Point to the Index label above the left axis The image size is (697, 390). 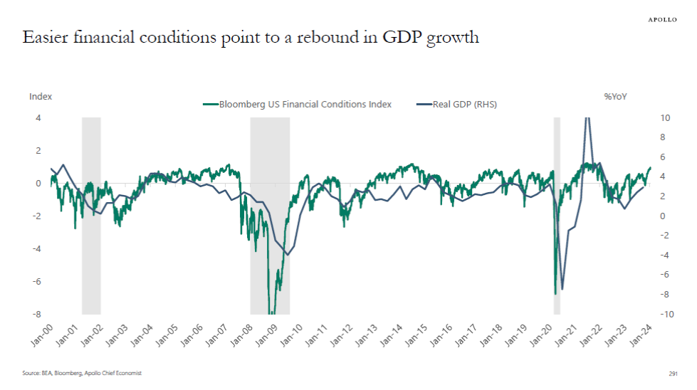click(x=41, y=96)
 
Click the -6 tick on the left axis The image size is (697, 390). click(x=38, y=282)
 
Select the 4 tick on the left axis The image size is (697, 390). click(x=38, y=118)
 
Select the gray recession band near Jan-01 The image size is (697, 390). click(x=91, y=214)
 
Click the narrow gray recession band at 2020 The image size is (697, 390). click(x=557, y=214)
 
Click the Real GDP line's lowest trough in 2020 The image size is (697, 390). click(x=562, y=290)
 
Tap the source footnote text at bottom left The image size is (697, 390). click(x=81, y=373)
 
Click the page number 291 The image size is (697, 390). click(x=672, y=373)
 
